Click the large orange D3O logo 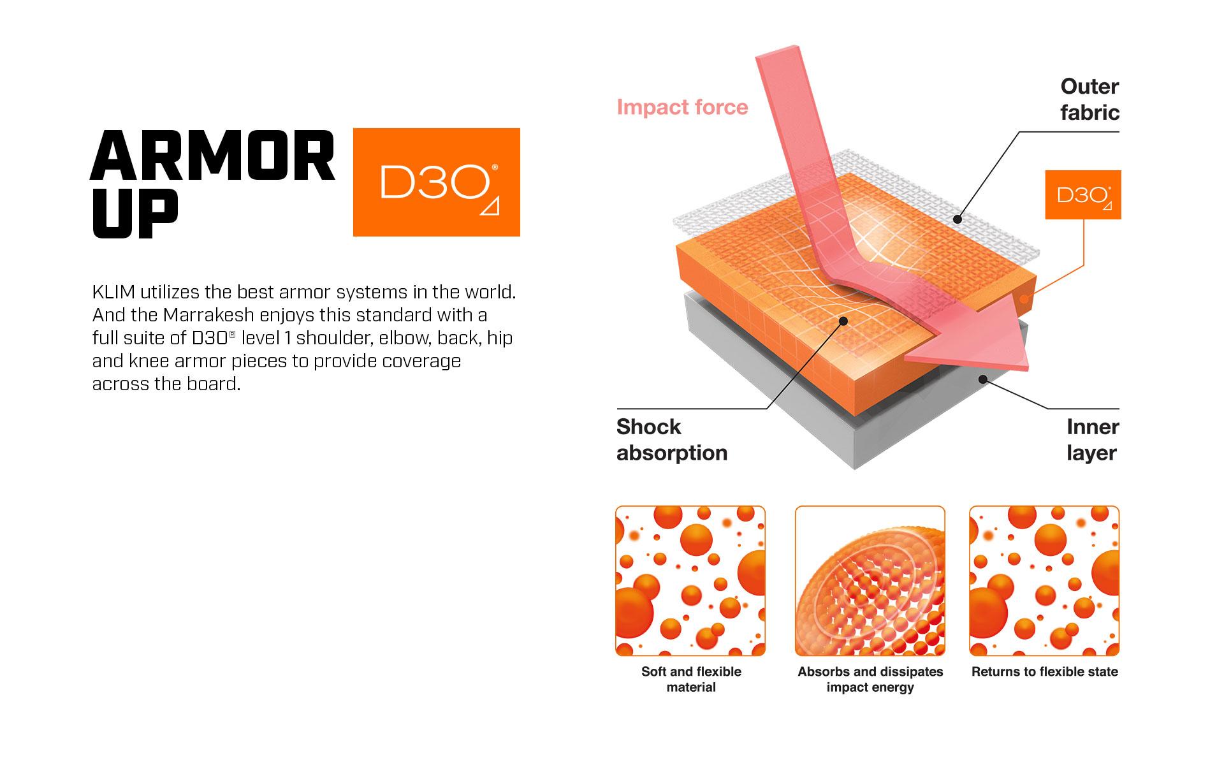pos(437,182)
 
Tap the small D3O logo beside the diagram pos(1083,194)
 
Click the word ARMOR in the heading pos(213,156)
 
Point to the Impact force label pos(682,107)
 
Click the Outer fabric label pos(1089,99)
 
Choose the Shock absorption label pos(672,440)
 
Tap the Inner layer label pos(1093,440)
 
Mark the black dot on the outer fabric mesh pos(958,219)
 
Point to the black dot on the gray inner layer pos(983,379)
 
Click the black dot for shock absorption pos(843,321)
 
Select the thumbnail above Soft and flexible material pos(690,581)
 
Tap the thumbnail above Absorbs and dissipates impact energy pos(870,581)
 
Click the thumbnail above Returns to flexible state pos(1044,581)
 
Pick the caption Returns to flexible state pos(1044,671)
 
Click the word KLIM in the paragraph pos(113,292)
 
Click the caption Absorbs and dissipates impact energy pos(870,679)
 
